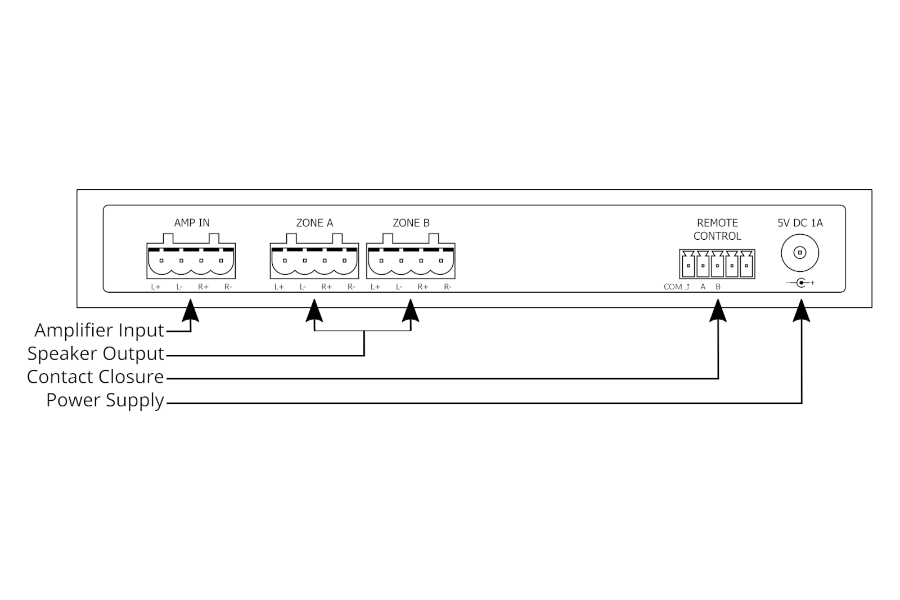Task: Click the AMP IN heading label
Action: pyautogui.click(x=192, y=223)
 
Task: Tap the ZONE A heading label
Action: pyautogui.click(x=314, y=223)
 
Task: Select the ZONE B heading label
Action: pyautogui.click(x=411, y=223)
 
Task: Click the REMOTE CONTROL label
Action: pyautogui.click(x=717, y=230)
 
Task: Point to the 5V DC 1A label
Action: pyautogui.click(x=800, y=223)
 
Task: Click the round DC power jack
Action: pyautogui.click(x=799, y=253)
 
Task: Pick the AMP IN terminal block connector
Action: pyautogui.click(x=191, y=261)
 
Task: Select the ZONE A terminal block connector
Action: pyautogui.click(x=314, y=261)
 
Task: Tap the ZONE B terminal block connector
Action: pyautogui.click(x=411, y=261)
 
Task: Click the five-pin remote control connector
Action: pyautogui.click(x=717, y=264)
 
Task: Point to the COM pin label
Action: pyautogui.click(x=673, y=287)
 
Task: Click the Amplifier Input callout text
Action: pyautogui.click(x=99, y=330)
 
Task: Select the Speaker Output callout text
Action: pyautogui.click(x=96, y=353)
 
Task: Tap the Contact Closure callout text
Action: pyautogui.click(x=95, y=377)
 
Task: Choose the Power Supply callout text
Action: pyautogui.click(x=105, y=400)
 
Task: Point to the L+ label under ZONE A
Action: pyautogui.click(x=279, y=287)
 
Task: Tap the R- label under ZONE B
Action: pyautogui.click(x=448, y=287)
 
